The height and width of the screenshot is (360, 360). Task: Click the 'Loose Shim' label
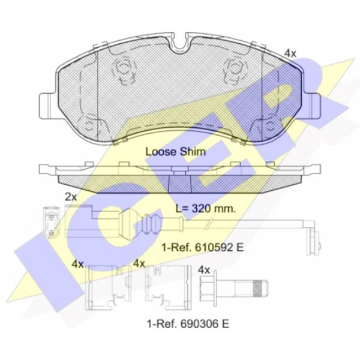click(176, 152)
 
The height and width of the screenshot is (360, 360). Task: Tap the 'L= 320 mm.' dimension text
click(206, 209)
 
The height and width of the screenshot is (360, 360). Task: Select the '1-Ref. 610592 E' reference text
click(202, 247)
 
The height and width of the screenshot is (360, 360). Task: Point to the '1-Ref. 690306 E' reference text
click(188, 324)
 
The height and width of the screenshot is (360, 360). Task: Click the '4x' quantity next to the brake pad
click(290, 53)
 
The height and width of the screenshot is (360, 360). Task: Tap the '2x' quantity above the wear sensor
click(71, 197)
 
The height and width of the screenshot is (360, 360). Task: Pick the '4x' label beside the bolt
click(204, 270)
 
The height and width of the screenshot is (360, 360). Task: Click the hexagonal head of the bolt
click(208, 289)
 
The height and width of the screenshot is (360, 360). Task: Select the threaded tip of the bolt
click(260, 289)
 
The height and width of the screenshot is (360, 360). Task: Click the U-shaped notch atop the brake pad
click(179, 44)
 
